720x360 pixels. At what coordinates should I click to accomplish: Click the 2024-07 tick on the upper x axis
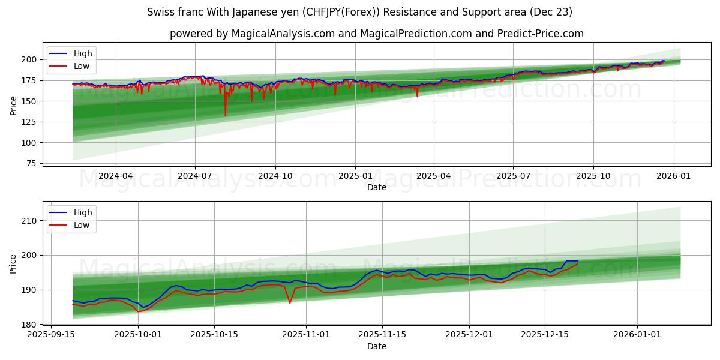coord(195,176)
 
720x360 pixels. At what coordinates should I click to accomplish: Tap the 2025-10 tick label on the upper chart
coord(593,176)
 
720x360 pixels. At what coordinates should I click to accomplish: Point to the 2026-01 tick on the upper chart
coord(673,176)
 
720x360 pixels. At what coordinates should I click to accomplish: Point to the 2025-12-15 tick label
coord(545,335)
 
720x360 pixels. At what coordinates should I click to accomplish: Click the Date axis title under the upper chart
coord(376,187)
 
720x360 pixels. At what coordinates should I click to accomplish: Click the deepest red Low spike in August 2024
coord(226,115)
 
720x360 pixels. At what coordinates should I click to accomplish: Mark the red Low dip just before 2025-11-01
coord(290,302)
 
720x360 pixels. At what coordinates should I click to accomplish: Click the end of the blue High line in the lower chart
coord(577,261)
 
